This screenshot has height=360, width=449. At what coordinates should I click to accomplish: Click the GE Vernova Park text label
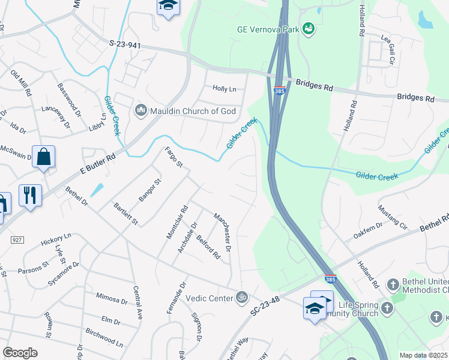click(268, 28)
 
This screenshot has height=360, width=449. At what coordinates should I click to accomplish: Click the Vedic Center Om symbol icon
click(243, 296)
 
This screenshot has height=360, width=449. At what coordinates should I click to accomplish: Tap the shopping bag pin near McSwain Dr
click(44, 157)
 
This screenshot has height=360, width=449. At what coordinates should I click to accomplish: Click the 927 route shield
click(16, 239)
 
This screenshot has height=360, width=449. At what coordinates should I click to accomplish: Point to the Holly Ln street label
click(224, 89)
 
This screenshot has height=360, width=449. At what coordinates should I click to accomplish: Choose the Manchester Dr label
click(223, 232)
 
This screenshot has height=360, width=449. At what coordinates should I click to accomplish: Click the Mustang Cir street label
click(393, 217)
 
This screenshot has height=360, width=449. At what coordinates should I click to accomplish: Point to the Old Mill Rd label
click(23, 82)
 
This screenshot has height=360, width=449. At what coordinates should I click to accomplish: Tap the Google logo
click(20, 353)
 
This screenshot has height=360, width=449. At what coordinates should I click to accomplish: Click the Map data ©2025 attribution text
click(423, 355)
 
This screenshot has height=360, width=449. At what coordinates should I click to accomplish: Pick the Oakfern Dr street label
click(368, 232)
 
